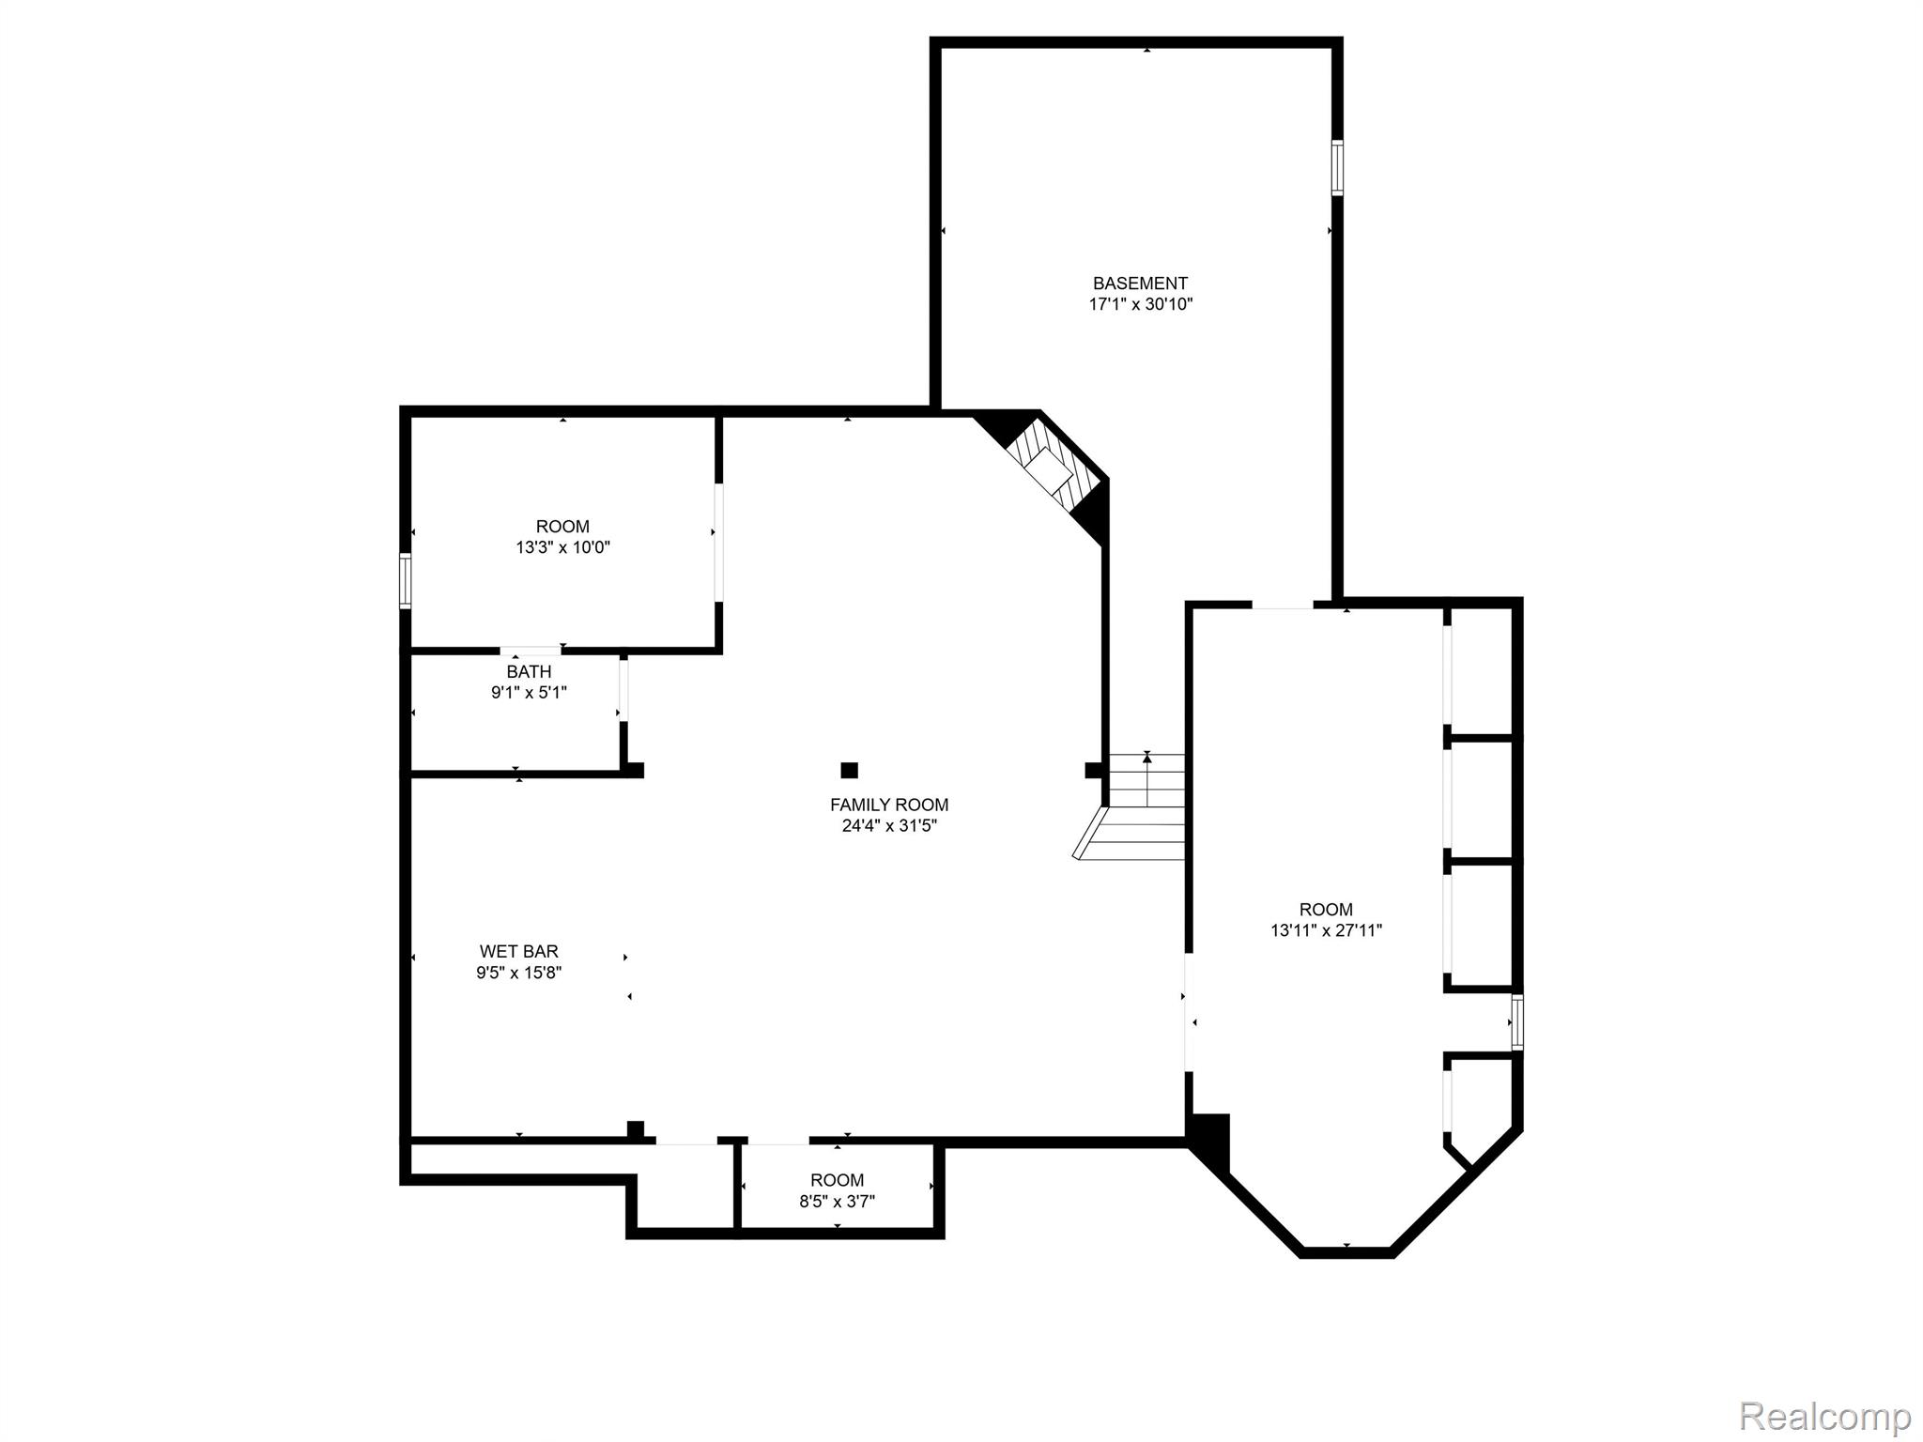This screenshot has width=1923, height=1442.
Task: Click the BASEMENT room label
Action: (x=1140, y=283)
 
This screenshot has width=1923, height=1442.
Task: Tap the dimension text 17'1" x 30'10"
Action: (x=1140, y=304)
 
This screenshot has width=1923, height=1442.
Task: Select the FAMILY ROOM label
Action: (x=888, y=805)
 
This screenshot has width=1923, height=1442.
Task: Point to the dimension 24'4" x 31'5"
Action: (x=888, y=826)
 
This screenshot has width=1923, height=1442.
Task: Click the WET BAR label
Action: (x=518, y=951)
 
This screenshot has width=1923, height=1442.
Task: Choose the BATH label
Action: (x=529, y=671)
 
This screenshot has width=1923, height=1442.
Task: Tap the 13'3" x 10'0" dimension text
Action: (x=562, y=547)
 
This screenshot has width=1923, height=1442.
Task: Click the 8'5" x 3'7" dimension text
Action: (x=837, y=1201)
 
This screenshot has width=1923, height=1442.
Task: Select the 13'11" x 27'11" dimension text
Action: (x=1326, y=930)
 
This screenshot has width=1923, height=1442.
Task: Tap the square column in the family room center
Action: (x=849, y=770)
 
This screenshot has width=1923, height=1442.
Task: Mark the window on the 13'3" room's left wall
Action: (x=406, y=581)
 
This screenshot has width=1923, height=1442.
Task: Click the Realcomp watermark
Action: (x=1824, y=1415)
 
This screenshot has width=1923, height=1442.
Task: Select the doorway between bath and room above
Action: (x=531, y=651)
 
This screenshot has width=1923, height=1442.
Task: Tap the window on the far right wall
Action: (x=1516, y=1022)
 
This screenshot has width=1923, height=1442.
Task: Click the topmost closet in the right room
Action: (x=1480, y=671)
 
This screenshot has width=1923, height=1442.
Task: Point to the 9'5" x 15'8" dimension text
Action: (x=518, y=973)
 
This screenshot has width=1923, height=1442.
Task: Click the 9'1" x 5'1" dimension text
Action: (x=529, y=693)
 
